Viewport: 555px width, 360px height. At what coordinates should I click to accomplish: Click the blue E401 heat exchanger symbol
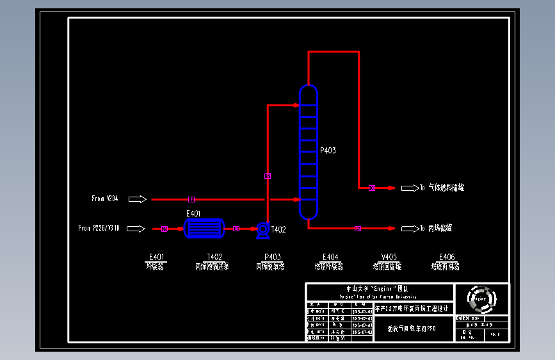pos(204,228)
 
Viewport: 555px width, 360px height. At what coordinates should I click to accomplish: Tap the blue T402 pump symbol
pos(262,229)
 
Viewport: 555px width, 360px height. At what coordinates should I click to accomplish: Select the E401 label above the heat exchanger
pos(193,213)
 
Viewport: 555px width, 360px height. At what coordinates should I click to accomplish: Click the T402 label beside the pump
pos(278,229)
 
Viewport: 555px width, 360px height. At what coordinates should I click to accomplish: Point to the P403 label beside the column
pos(328,151)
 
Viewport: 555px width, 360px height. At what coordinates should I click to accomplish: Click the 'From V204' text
pos(105,199)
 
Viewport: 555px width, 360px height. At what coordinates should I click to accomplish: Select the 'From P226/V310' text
pos(99,228)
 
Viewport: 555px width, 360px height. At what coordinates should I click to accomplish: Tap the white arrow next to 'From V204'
pos(138,199)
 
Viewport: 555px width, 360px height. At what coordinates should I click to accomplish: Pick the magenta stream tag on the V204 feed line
pos(191,199)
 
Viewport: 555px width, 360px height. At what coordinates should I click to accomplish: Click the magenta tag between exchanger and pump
pos(236,229)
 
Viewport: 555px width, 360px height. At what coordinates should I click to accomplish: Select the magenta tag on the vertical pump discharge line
pos(268,176)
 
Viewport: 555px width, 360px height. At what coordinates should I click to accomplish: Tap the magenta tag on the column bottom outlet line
pos(357,229)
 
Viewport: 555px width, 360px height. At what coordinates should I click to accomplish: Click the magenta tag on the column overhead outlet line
pos(372,188)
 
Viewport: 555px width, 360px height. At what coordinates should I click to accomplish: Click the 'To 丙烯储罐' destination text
pos(437,229)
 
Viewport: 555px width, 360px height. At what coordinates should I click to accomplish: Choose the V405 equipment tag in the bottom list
pos(389,257)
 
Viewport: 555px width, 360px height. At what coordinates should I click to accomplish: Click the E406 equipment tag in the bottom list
pos(446,257)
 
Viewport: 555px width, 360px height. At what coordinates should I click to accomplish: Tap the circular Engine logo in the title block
pos(481,298)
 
